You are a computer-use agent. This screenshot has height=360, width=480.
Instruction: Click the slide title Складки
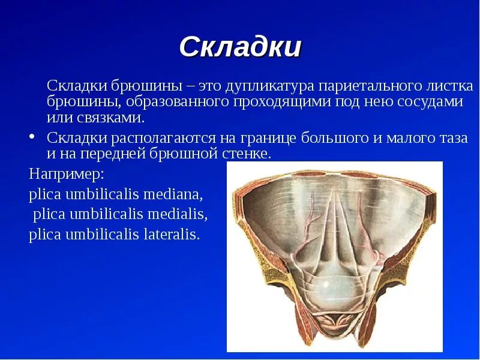[241, 47]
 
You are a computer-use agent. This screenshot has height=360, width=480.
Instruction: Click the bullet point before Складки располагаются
[32, 137]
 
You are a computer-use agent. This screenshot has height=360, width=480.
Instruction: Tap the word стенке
[247, 154]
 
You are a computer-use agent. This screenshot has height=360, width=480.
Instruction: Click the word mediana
[173, 194]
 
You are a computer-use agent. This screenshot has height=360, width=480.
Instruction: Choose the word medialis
[177, 214]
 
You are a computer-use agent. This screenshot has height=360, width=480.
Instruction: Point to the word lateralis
[172, 234]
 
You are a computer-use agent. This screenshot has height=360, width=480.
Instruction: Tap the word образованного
[178, 101]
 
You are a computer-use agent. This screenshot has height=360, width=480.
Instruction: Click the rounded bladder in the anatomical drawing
[336, 289]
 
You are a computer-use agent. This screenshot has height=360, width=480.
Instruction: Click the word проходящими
[282, 101]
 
